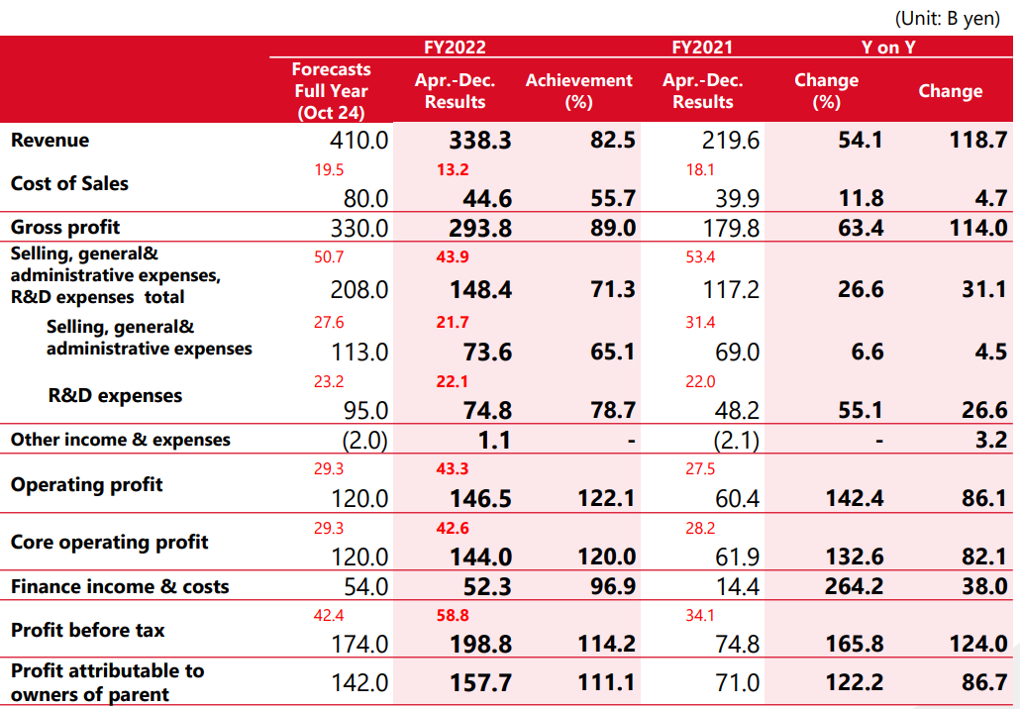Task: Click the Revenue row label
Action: [50, 141]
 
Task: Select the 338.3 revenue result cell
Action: [480, 141]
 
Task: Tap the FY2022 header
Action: [455, 47]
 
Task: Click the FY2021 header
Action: [702, 47]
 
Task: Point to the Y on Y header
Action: [888, 47]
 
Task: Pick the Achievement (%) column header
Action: [578, 90]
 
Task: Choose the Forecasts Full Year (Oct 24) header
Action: [331, 90]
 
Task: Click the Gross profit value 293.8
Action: [480, 228]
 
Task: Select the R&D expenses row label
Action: [115, 396]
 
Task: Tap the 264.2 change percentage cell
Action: [855, 587]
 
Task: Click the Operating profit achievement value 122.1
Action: [605, 499]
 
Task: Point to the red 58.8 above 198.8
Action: [452, 616]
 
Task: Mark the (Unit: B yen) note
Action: [947, 19]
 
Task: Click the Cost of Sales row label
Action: [69, 184]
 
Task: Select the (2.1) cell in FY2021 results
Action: [735, 440]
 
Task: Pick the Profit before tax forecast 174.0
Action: [359, 645]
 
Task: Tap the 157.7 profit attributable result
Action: [480, 682]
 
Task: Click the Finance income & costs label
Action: [120, 587]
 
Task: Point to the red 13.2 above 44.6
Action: [452, 169]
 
